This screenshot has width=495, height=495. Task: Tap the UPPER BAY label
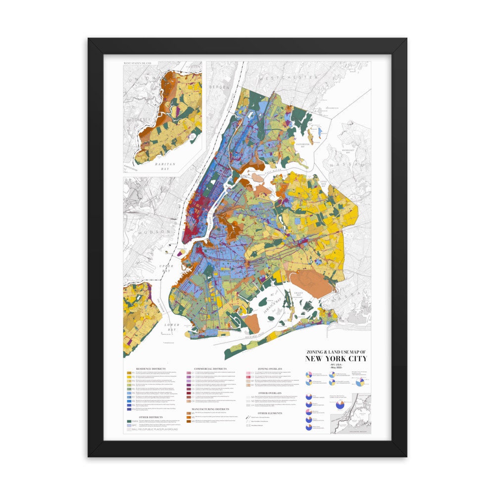click(x=167, y=269)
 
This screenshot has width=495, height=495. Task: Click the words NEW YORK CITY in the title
click(x=336, y=358)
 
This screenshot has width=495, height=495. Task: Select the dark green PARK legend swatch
click(x=130, y=421)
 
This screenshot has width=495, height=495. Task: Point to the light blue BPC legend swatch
click(x=130, y=425)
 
